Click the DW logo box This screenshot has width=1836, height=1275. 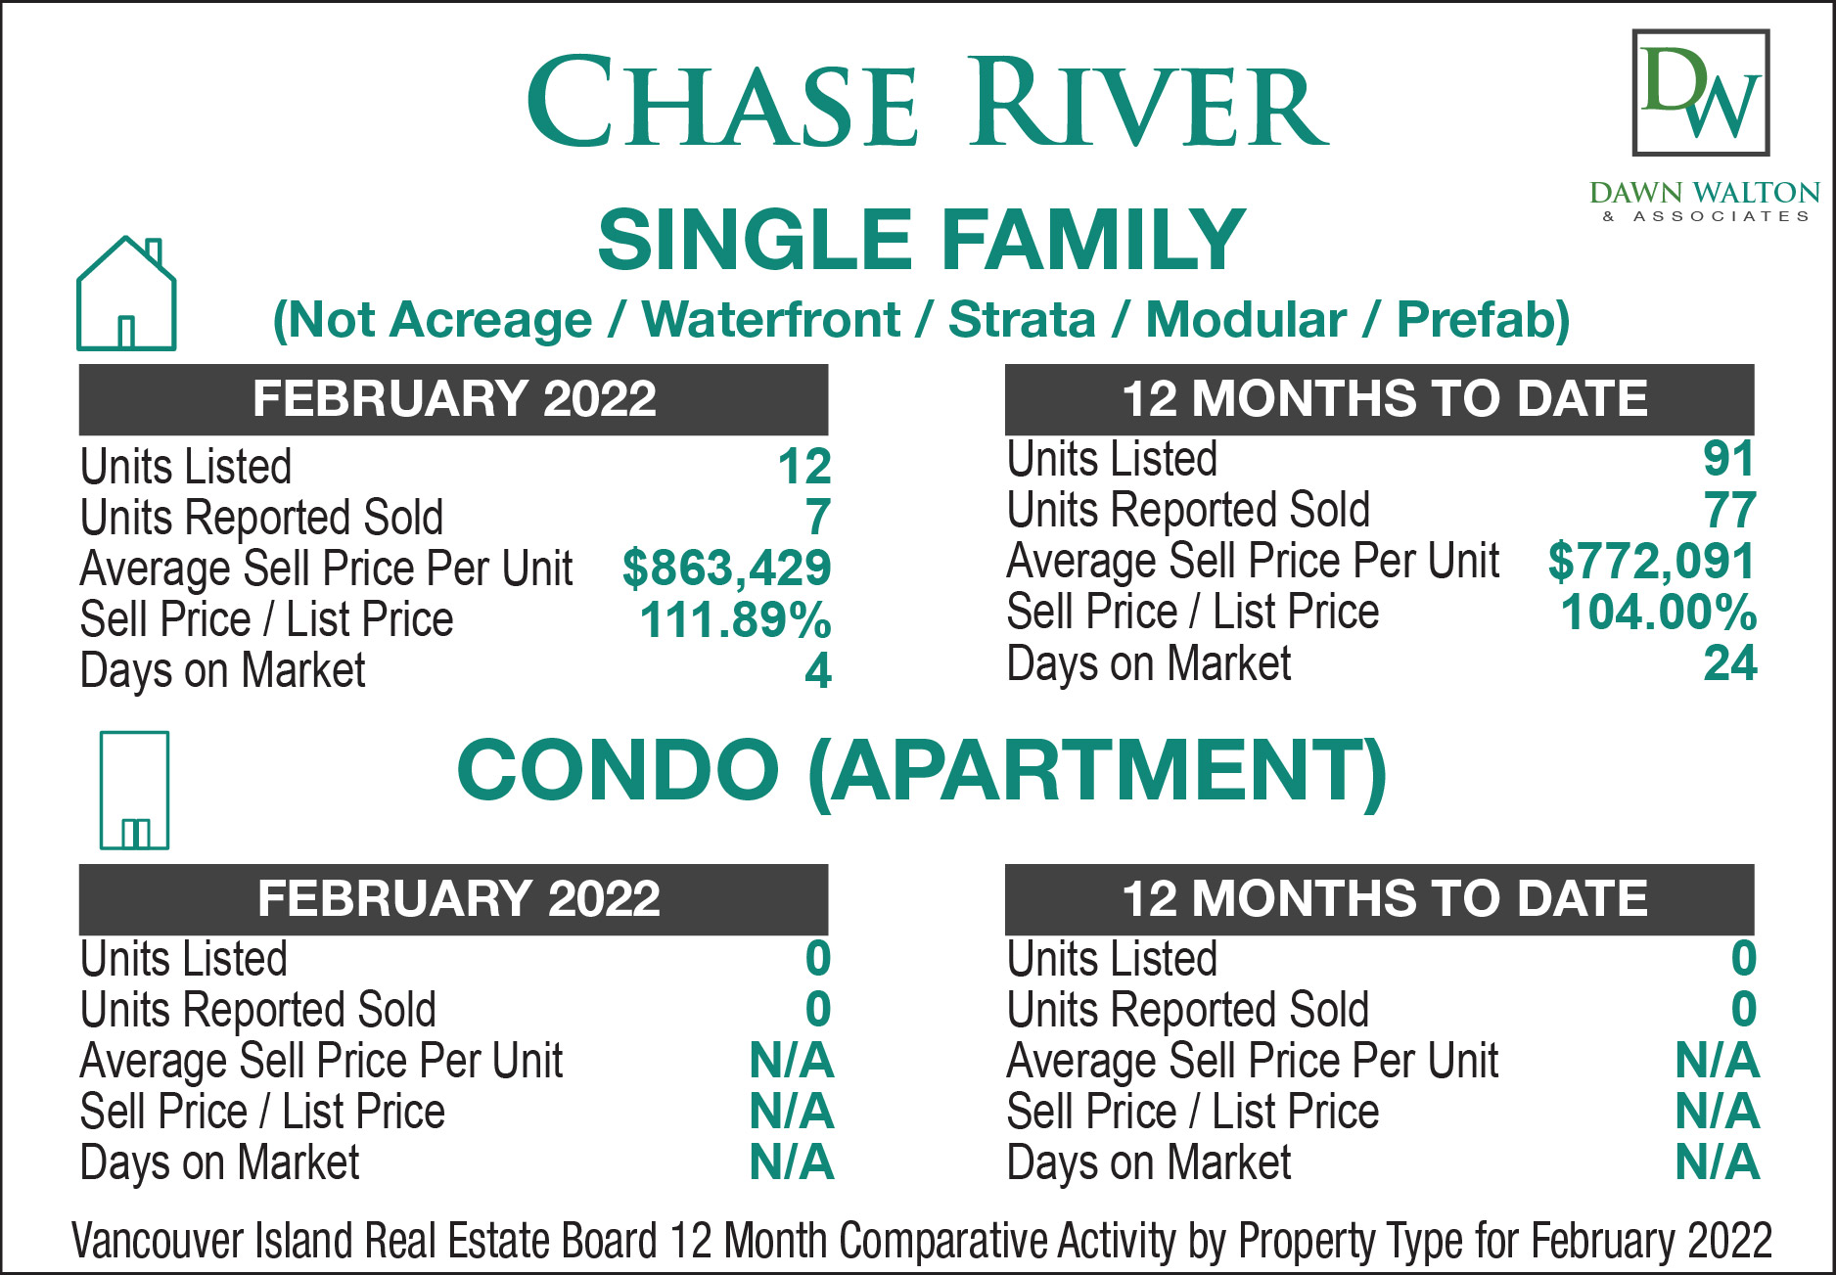(x=1701, y=93)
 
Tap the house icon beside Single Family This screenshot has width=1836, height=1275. (x=126, y=294)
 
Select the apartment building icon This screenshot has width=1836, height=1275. (x=134, y=791)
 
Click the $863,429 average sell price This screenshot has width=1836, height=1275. (x=726, y=569)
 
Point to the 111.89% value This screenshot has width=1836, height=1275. (x=735, y=619)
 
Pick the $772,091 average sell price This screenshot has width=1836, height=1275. (x=1652, y=562)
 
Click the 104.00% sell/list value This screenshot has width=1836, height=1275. (x=1659, y=613)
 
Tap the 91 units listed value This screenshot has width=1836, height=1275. (x=1729, y=459)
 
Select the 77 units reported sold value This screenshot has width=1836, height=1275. (x=1730, y=511)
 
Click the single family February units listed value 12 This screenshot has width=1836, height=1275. (x=804, y=467)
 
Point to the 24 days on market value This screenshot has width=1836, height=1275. (x=1730, y=663)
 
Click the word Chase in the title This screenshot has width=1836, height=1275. (x=723, y=102)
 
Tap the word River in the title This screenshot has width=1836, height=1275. (x=1151, y=102)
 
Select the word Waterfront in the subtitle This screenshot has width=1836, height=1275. (x=771, y=320)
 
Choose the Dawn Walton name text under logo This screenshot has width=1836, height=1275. (x=1705, y=192)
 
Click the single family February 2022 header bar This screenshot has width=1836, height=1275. (x=453, y=399)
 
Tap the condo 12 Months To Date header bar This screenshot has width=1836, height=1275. (x=1380, y=899)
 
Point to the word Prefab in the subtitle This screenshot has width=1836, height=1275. (x=1484, y=320)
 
